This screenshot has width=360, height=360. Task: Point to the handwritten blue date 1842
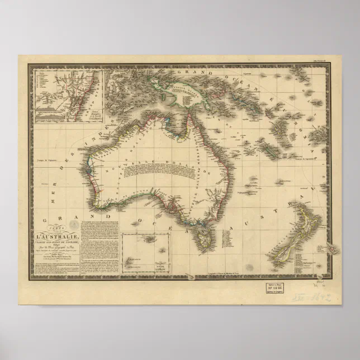tap(321, 297)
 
